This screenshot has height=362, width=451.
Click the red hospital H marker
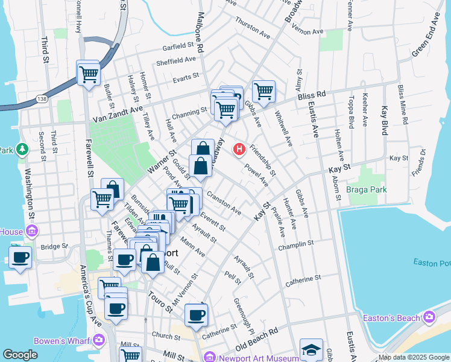pos(240,148)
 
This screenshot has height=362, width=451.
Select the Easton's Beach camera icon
pos(429,317)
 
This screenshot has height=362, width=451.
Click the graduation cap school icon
pos(311,349)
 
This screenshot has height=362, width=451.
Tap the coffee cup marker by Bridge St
pos(20,258)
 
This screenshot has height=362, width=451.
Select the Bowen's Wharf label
pos(62,341)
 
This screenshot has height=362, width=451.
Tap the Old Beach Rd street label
pos(257,340)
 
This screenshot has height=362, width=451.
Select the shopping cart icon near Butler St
pos(88,74)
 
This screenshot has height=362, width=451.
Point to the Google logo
pos(20,355)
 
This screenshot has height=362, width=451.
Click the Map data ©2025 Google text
pos(413,357)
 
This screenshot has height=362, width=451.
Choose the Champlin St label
pos(296,245)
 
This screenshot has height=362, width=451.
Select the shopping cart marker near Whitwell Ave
pos(263,92)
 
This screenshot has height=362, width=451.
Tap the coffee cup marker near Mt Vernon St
pos(196,314)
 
